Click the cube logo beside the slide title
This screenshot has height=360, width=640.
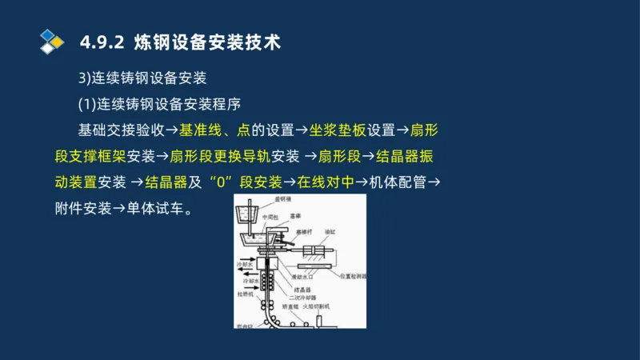pyautogui.click(x=51, y=41)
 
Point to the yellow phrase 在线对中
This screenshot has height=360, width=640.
pyautogui.click(x=326, y=182)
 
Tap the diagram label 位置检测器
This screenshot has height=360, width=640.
pyautogui.click(x=351, y=275)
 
